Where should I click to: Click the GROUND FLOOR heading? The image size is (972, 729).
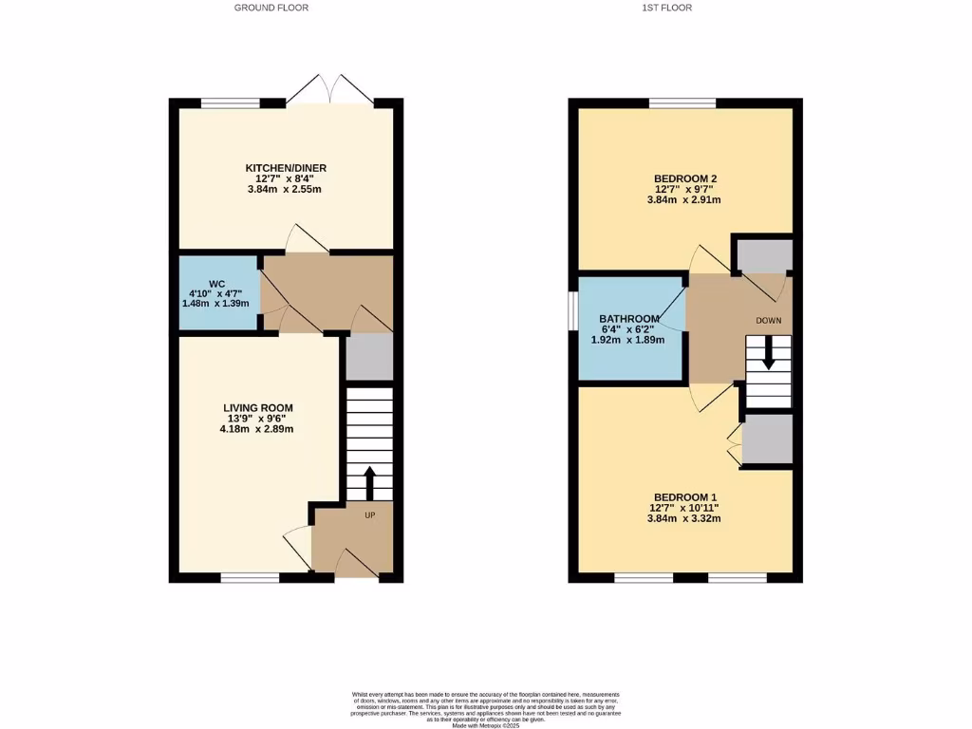click(271, 8)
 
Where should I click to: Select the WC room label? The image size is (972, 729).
click(216, 284)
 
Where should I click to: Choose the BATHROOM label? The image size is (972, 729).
click(628, 318)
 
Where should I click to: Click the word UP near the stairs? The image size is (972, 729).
click(371, 515)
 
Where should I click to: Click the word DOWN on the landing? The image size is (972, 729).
click(769, 320)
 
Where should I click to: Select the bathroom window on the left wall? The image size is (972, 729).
click(573, 311)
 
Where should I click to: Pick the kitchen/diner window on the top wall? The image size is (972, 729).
click(231, 103)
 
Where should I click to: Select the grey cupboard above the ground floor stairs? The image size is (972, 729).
click(369, 356)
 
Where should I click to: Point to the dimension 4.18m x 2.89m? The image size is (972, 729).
click(255, 429)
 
